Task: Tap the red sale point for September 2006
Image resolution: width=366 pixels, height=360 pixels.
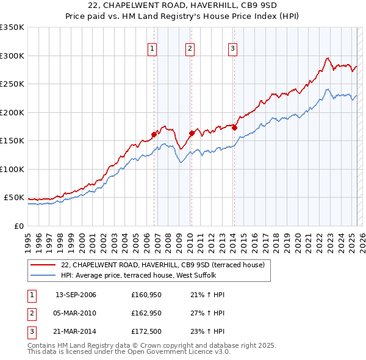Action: (x=154, y=134)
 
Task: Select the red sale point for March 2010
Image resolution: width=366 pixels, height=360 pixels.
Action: (x=192, y=133)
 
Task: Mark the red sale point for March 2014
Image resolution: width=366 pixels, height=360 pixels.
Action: (x=234, y=128)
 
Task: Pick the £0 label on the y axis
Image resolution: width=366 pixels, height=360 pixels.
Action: (x=18, y=226)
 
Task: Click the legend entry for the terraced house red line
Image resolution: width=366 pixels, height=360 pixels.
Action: (x=162, y=265)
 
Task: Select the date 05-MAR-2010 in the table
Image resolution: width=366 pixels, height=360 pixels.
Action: (x=76, y=313)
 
